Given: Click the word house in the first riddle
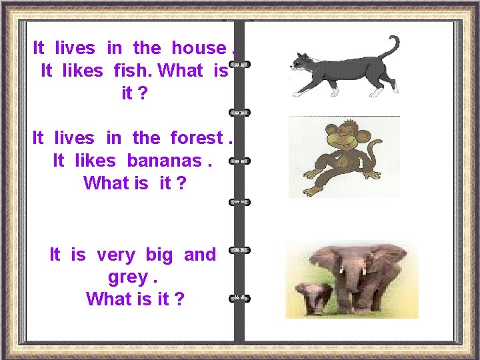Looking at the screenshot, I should [x=198, y=48].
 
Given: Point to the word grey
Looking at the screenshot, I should [x=127, y=277].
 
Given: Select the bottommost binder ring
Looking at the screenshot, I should [x=239, y=297].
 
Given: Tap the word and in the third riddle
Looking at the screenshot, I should [x=200, y=255].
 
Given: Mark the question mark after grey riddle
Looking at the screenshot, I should [x=178, y=299].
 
